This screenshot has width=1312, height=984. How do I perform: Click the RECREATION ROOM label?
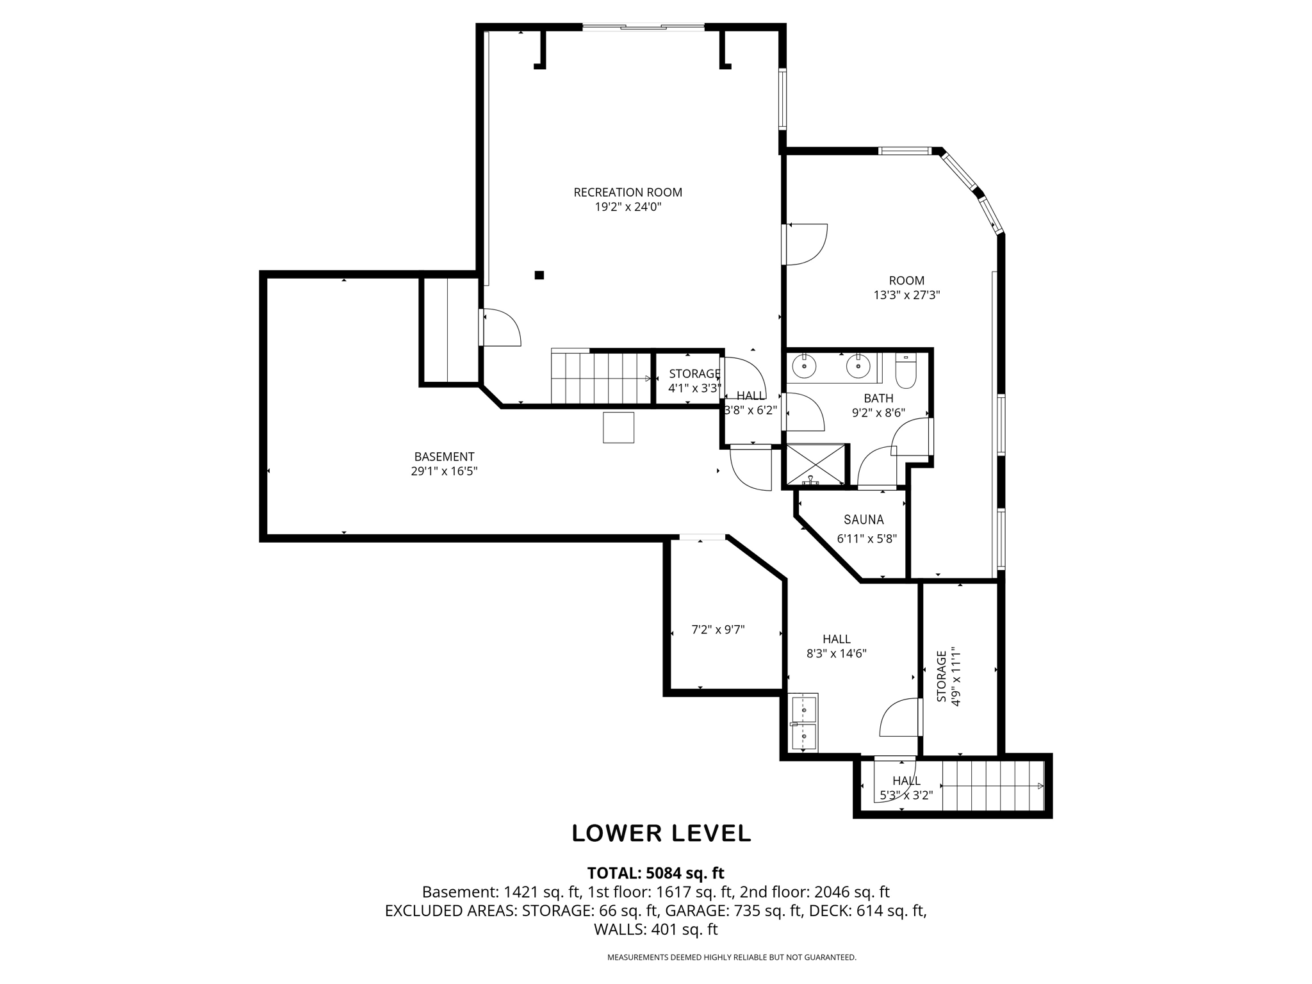[x=627, y=192]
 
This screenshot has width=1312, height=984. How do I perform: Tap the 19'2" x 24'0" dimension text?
[x=627, y=207]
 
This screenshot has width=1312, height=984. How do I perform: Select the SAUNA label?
[x=864, y=520]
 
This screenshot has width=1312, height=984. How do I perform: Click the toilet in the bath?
[x=906, y=371]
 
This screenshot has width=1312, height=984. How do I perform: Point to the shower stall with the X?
[x=816, y=464]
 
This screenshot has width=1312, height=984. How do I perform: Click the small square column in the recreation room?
[x=539, y=275]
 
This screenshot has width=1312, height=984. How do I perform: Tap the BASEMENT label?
[x=444, y=457]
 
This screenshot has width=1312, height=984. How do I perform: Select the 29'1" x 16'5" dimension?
[x=444, y=471]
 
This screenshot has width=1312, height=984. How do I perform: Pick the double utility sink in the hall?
[x=803, y=722]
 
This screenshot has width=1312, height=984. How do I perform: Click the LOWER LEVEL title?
[x=661, y=833]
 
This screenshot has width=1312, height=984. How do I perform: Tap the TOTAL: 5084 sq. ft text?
[x=655, y=873]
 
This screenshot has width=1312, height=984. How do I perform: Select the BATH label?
[x=878, y=398]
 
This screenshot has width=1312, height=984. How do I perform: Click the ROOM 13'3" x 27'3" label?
[x=906, y=288]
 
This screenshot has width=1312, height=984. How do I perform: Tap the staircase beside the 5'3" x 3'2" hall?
[x=992, y=786]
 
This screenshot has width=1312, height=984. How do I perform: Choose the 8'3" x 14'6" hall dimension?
[x=837, y=654]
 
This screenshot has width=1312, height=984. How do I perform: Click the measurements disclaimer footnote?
[x=732, y=958]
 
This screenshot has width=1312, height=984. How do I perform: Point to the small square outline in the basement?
[x=618, y=427]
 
